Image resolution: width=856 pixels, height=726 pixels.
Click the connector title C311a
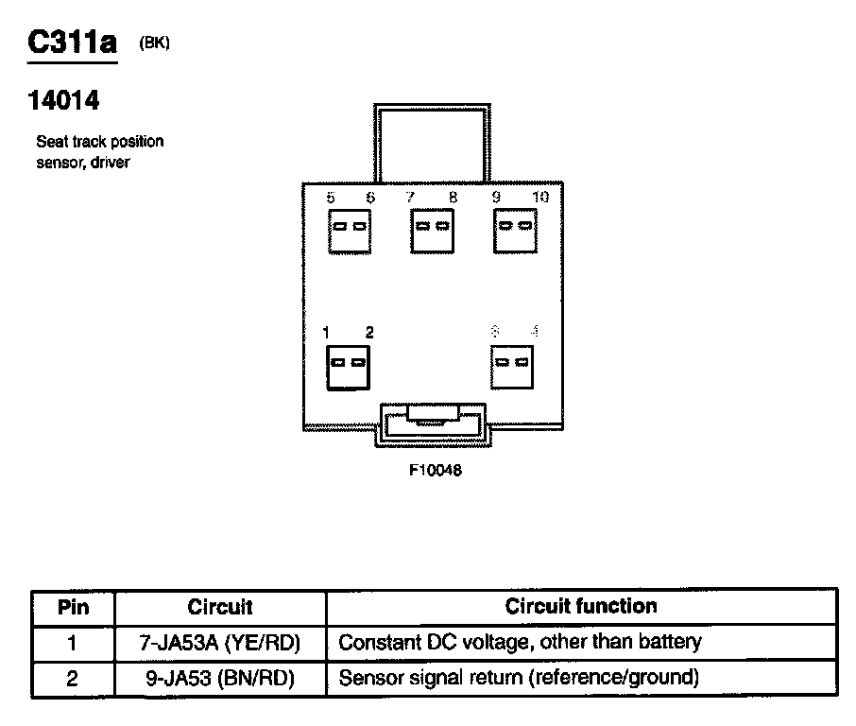(x=72, y=44)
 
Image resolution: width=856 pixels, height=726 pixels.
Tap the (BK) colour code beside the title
(x=154, y=42)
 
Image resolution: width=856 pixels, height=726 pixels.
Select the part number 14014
(x=64, y=100)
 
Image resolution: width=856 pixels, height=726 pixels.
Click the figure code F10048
(x=436, y=470)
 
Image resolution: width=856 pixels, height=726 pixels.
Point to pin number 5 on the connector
(x=330, y=198)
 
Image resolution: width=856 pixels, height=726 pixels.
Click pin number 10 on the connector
(x=540, y=198)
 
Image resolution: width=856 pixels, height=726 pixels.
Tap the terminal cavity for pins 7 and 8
(x=433, y=230)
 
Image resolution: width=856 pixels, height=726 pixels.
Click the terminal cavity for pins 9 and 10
(x=516, y=230)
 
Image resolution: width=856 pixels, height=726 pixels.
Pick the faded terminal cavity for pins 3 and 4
(x=513, y=366)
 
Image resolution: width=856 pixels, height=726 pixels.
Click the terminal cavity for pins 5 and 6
(x=350, y=230)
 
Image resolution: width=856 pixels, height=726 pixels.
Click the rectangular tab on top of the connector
(x=431, y=142)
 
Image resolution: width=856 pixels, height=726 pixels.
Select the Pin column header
(x=73, y=607)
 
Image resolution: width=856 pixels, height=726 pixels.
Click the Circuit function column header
(x=581, y=606)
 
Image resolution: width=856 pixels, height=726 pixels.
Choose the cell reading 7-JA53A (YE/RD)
(x=220, y=643)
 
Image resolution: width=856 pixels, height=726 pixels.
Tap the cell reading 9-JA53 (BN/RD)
(x=220, y=678)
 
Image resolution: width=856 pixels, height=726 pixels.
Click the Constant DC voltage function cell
(x=520, y=643)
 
